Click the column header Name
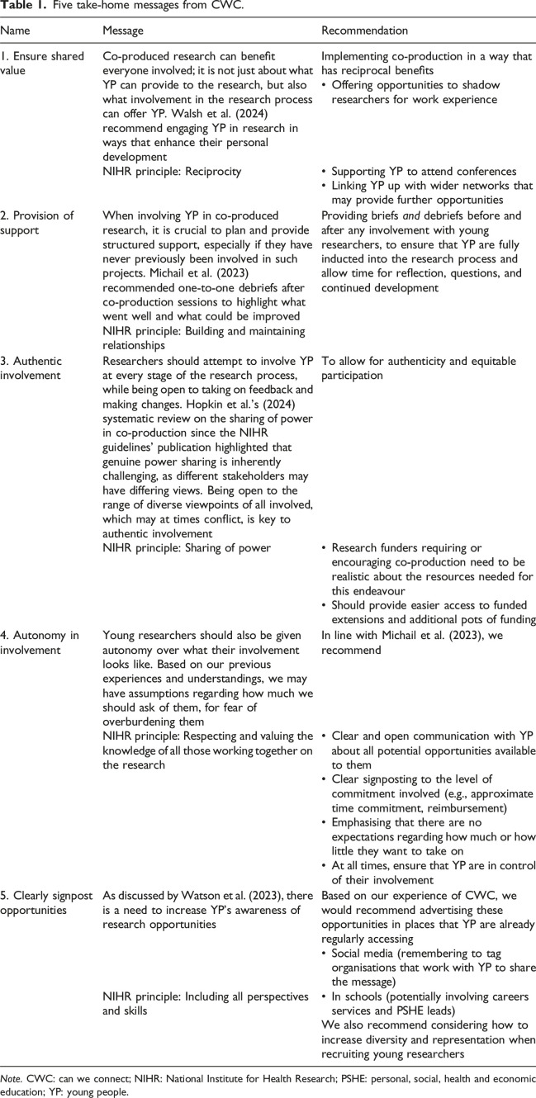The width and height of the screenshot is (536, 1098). point(17,31)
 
